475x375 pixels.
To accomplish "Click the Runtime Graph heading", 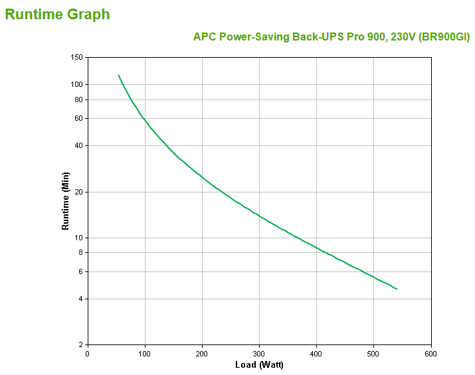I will click(x=58, y=15).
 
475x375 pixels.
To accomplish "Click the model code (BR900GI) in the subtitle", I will click(x=443, y=37).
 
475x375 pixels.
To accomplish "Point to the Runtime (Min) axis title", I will click(x=65, y=200).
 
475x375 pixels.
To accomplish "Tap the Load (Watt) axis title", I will click(x=259, y=364).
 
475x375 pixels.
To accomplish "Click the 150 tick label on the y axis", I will click(x=76, y=58).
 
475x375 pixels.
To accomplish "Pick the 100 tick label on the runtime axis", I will click(x=76, y=84).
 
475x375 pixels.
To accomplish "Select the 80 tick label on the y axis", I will click(x=78, y=100).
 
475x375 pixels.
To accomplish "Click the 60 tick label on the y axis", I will click(x=78, y=118).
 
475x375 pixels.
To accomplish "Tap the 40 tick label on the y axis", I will click(x=78, y=145).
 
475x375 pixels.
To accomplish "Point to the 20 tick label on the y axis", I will click(x=78, y=192).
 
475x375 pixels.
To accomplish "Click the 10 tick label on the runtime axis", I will click(x=78, y=238).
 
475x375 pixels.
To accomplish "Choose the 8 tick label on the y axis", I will click(x=80, y=252).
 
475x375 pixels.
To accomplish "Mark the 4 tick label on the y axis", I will click(x=80, y=299).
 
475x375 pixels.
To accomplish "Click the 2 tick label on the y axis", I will click(x=80, y=345).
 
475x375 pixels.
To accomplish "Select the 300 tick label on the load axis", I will click(x=259, y=353).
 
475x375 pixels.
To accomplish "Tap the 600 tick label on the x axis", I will click(x=431, y=353).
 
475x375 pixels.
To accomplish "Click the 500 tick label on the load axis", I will click(x=374, y=353).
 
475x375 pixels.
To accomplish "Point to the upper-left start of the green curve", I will click(x=119, y=76).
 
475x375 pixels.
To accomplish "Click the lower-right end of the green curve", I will click(x=397, y=289).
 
